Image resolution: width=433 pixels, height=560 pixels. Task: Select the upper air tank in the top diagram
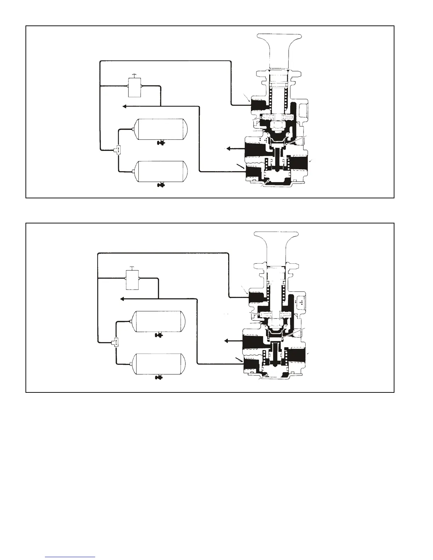tap(160, 130)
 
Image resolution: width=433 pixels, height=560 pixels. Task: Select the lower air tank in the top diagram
tap(160, 171)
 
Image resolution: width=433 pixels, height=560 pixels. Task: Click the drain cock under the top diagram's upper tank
tap(161, 144)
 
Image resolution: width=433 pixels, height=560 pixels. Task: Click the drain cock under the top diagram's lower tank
tap(161, 185)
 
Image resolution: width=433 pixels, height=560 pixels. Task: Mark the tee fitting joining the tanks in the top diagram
tap(117, 150)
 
